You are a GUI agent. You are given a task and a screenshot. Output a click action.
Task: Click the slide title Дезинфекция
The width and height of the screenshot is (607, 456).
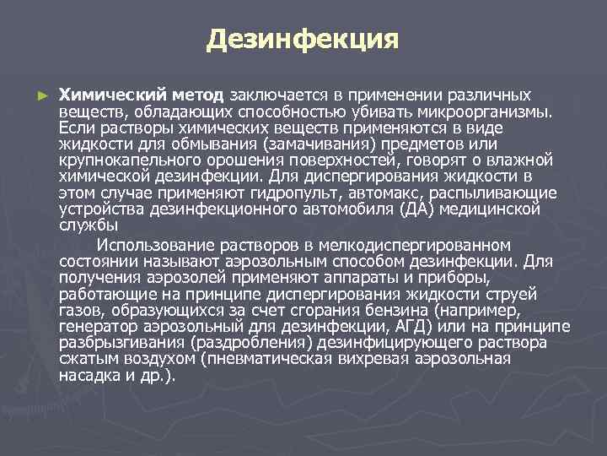click(x=303, y=38)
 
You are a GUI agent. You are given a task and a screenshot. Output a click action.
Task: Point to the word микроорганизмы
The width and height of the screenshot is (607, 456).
click(x=492, y=111)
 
